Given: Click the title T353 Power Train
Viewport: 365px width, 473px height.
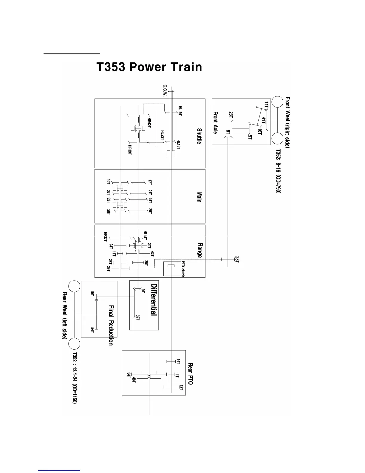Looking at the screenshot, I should pyautogui.click(x=149, y=67).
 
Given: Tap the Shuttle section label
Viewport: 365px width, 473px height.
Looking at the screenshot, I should pyautogui.click(x=199, y=136).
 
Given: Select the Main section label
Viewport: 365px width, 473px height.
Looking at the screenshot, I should pyautogui.click(x=199, y=197).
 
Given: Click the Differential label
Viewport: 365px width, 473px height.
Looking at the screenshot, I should pyautogui.click(x=154, y=299).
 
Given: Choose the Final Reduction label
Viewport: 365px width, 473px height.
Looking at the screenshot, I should pyautogui.click(x=111, y=325).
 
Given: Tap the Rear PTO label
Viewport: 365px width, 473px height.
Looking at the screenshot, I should pyautogui.click(x=190, y=374).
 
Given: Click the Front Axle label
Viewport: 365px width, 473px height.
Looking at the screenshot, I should pyautogui.click(x=215, y=122).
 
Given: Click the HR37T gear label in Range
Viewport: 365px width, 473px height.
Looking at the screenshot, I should pyautogui.click(x=105, y=236).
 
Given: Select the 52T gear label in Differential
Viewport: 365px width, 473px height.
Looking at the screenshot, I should pyautogui.click(x=137, y=317).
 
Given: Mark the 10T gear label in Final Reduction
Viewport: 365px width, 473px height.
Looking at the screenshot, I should pyautogui.click(x=92, y=294).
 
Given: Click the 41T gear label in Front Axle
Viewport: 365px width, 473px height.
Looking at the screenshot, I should pyautogui.click(x=263, y=120).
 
